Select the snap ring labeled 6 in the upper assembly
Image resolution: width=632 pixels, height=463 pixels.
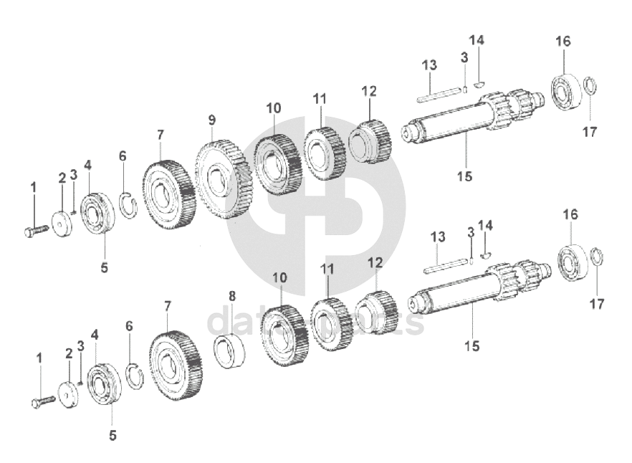pos(128,204)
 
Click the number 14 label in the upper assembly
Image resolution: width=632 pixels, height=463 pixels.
pos(477,40)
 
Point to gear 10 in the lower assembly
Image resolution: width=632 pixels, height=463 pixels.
pos(284,335)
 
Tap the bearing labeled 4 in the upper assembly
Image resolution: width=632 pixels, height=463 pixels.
pos(97,212)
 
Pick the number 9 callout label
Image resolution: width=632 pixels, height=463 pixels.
pos(212,119)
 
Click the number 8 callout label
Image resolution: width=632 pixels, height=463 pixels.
pos(232,297)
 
